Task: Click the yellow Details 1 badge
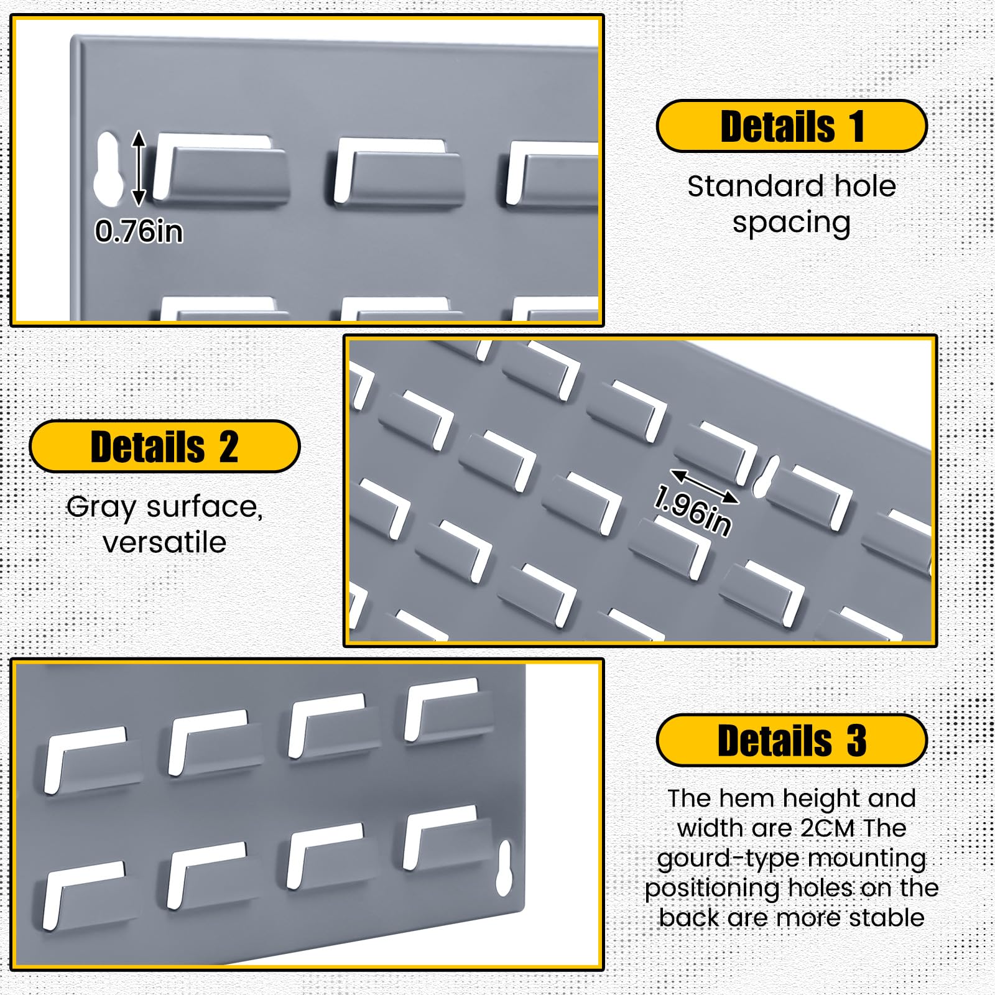tap(792, 126)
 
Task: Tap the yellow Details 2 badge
tap(165, 447)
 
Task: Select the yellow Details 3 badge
tap(792, 740)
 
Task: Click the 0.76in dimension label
tap(139, 231)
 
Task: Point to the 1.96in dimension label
tap(693, 511)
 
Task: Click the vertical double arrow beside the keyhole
tap(139, 168)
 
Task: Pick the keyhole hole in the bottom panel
tap(504, 869)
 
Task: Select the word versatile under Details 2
tap(165, 543)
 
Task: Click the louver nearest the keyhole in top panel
tap(221, 169)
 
